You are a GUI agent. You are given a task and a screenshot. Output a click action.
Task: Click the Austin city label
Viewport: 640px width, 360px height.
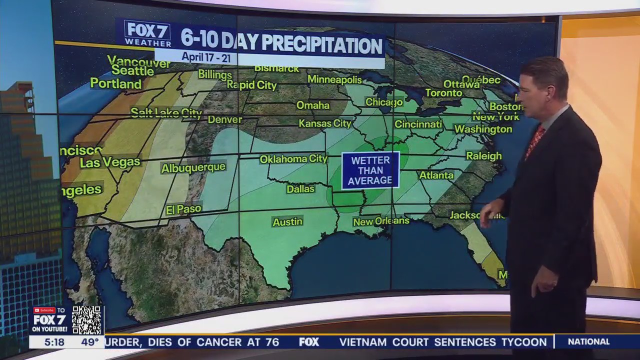(287, 221)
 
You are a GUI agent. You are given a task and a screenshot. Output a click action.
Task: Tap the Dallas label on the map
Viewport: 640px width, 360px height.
(300, 189)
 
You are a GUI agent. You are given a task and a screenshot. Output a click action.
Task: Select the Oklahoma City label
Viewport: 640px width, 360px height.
(293, 159)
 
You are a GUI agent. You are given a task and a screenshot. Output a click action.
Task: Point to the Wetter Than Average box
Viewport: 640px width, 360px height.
(370, 170)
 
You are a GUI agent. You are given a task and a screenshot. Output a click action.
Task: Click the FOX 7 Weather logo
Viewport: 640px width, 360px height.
(147, 33)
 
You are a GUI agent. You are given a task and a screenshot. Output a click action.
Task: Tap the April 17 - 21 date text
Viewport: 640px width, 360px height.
(205, 57)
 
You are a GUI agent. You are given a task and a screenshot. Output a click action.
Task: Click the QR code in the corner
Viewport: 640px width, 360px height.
(87, 320)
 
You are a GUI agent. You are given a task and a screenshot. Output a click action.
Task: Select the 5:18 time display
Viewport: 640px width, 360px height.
(54, 342)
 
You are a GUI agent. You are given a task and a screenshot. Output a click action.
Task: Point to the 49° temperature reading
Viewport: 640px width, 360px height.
(90, 342)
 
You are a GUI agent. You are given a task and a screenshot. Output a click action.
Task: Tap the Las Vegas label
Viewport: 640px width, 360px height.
(110, 162)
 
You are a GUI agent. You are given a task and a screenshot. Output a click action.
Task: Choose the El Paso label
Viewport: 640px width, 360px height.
(183, 209)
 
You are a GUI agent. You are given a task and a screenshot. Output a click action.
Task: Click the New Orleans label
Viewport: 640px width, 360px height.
(381, 221)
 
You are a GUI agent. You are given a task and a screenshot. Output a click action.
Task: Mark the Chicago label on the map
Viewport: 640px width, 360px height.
(384, 102)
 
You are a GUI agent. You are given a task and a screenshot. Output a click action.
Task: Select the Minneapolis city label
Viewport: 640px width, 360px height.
(334, 79)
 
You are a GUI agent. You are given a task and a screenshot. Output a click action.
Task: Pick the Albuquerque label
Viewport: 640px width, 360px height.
(193, 168)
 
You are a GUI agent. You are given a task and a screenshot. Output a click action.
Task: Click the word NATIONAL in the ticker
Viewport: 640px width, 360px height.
(588, 342)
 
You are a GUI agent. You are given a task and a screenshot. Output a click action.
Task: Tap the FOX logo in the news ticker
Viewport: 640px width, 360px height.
(309, 342)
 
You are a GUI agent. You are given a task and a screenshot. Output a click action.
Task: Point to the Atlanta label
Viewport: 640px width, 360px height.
(436, 175)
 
